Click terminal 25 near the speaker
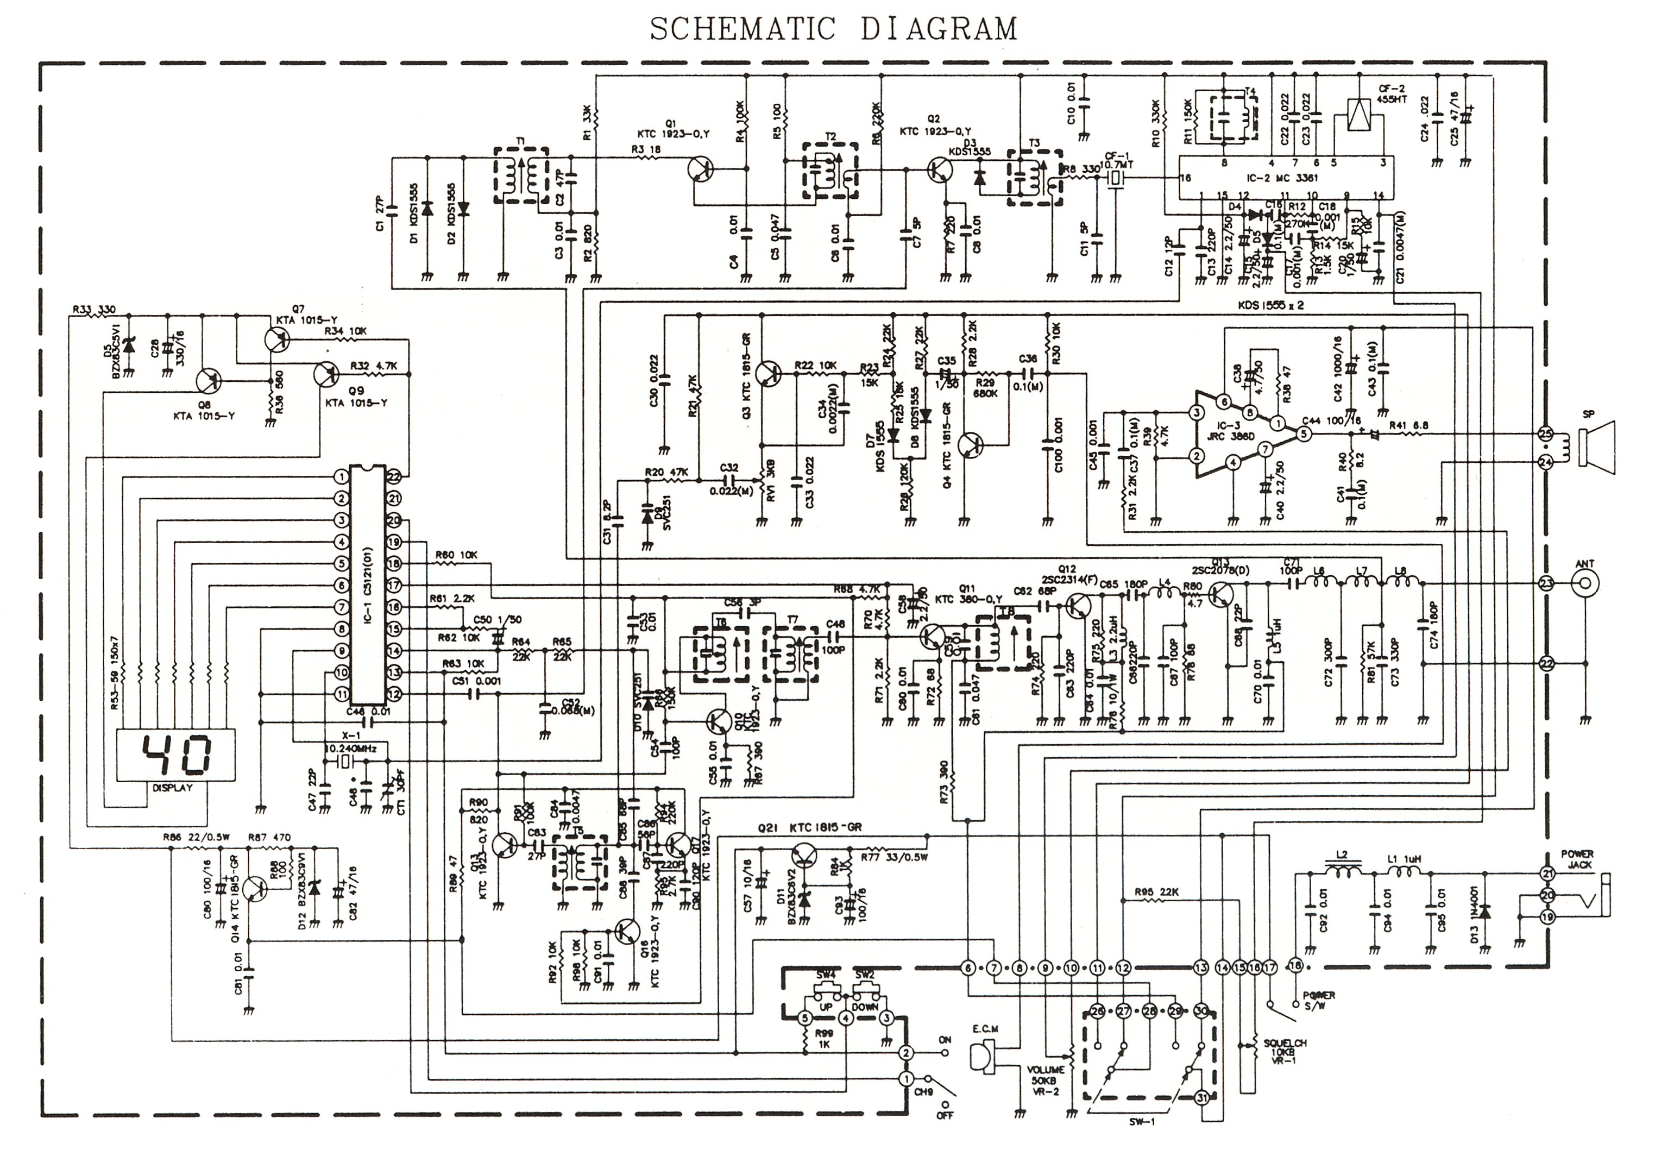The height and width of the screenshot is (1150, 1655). (x=1545, y=434)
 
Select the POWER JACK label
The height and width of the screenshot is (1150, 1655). (x=1577, y=859)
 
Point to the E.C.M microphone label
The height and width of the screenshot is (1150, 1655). (x=985, y=1029)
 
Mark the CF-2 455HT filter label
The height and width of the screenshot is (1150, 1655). (x=1391, y=93)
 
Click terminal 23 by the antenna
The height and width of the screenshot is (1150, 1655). (x=1545, y=583)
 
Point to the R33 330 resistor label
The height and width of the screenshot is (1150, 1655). (x=93, y=309)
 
